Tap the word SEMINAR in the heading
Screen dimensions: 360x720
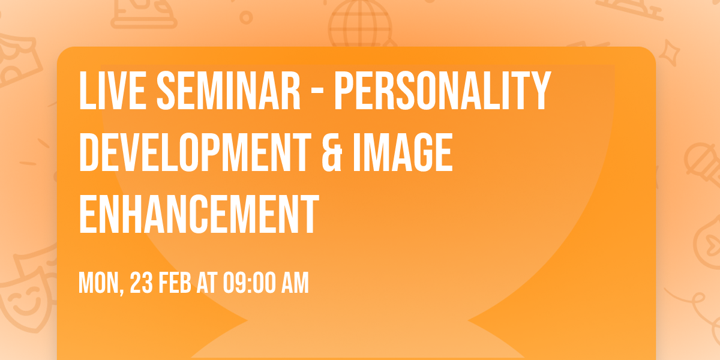coord(228,91)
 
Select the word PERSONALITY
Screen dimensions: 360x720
coord(442,91)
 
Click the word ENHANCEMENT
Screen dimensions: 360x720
coord(198,214)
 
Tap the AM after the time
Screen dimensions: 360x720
coord(295,283)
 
